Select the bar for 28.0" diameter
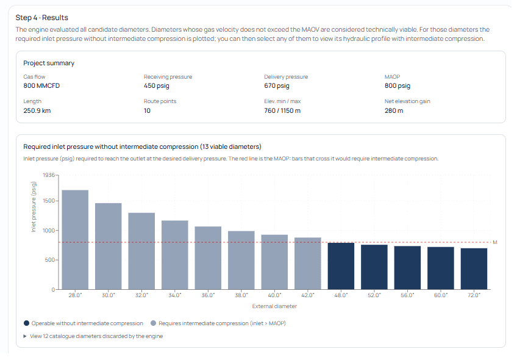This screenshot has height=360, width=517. coord(75,240)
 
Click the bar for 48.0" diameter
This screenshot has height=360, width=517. coord(341,266)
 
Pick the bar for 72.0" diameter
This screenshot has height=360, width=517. coord(474,268)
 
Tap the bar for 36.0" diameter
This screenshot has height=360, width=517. coord(208,257)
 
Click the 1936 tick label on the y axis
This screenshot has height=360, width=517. coord(49,175)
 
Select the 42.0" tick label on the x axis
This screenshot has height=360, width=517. coord(308,295)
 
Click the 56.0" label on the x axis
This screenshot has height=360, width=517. coord(407,295)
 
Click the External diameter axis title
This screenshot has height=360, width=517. coord(274,306)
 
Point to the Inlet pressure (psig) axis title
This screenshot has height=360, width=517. coord(34,207)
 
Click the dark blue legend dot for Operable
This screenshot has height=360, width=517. coord(26,323)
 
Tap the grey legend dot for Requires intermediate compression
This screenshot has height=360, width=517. coord(153,323)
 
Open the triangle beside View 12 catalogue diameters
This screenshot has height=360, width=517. coord(25,336)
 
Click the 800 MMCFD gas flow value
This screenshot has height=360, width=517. coord(41,86)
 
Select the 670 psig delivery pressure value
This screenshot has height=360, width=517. coord(277,86)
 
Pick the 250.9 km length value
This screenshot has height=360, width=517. coord(37,110)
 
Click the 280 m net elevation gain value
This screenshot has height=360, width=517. coord(394,110)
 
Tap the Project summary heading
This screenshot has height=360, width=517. coord(49,63)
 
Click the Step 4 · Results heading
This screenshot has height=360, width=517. coord(42,18)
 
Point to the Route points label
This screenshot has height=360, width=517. coord(160,101)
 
